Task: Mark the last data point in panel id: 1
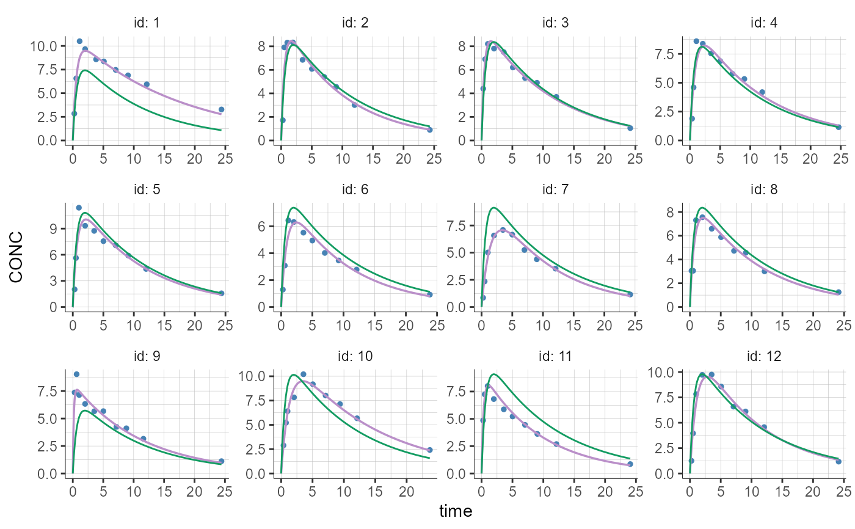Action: click(221, 109)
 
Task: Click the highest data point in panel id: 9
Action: click(76, 374)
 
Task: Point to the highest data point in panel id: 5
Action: click(79, 208)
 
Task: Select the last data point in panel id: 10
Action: click(429, 450)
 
